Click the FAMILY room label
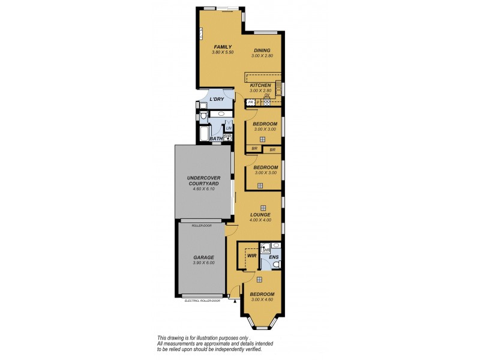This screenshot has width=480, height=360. point(221,47)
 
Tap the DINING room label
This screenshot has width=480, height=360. point(262,50)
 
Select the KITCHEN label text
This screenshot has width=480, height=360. point(260,86)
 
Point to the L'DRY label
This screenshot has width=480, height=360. point(216,100)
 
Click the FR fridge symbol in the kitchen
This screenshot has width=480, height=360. point(250,103)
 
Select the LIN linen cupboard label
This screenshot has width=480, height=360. point(228,128)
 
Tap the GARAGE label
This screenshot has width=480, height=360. point(203,257)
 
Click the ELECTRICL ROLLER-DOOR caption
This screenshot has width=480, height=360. point(203,301)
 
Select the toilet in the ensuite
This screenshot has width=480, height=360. point(275,264)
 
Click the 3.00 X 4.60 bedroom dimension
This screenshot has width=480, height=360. point(263,299)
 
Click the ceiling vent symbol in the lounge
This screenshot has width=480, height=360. point(263,208)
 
